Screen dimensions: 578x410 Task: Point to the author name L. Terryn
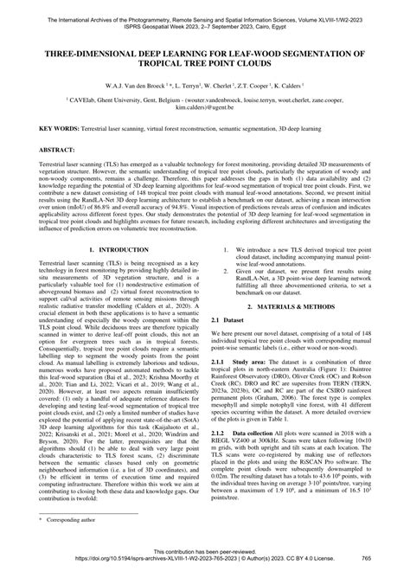point(193,88)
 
